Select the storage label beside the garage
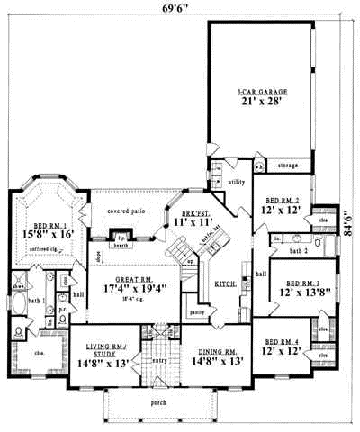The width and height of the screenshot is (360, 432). click(x=287, y=166)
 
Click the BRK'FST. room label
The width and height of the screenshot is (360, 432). click(x=194, y=210)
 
